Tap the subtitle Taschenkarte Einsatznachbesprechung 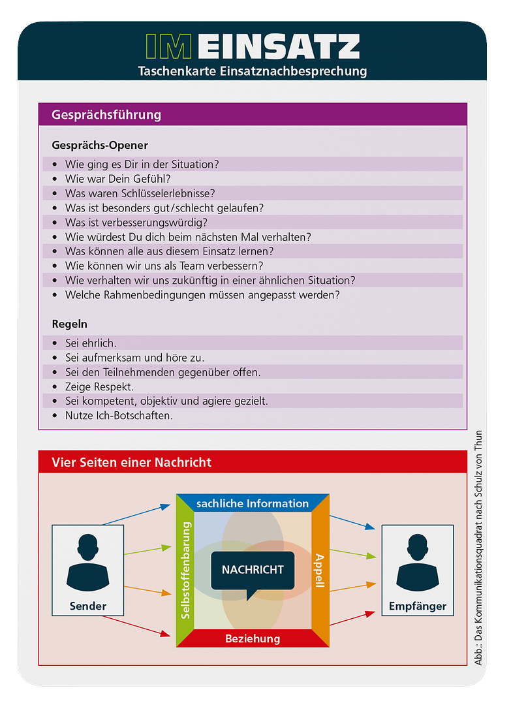(253, 71)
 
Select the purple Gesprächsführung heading (106, 115)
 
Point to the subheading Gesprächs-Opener (100, 145)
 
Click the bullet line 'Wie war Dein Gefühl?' (117, 179)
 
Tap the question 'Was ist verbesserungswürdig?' (136, 222)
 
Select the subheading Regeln (69, 324)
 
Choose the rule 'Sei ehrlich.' (91, 343)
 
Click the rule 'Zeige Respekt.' (99, 387)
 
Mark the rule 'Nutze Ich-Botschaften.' (119, 416)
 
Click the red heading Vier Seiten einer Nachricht (131, 462)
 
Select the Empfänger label (418, 606)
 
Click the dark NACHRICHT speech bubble (253, 571)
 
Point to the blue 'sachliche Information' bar (253, 503)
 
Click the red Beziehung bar (253, 638)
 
